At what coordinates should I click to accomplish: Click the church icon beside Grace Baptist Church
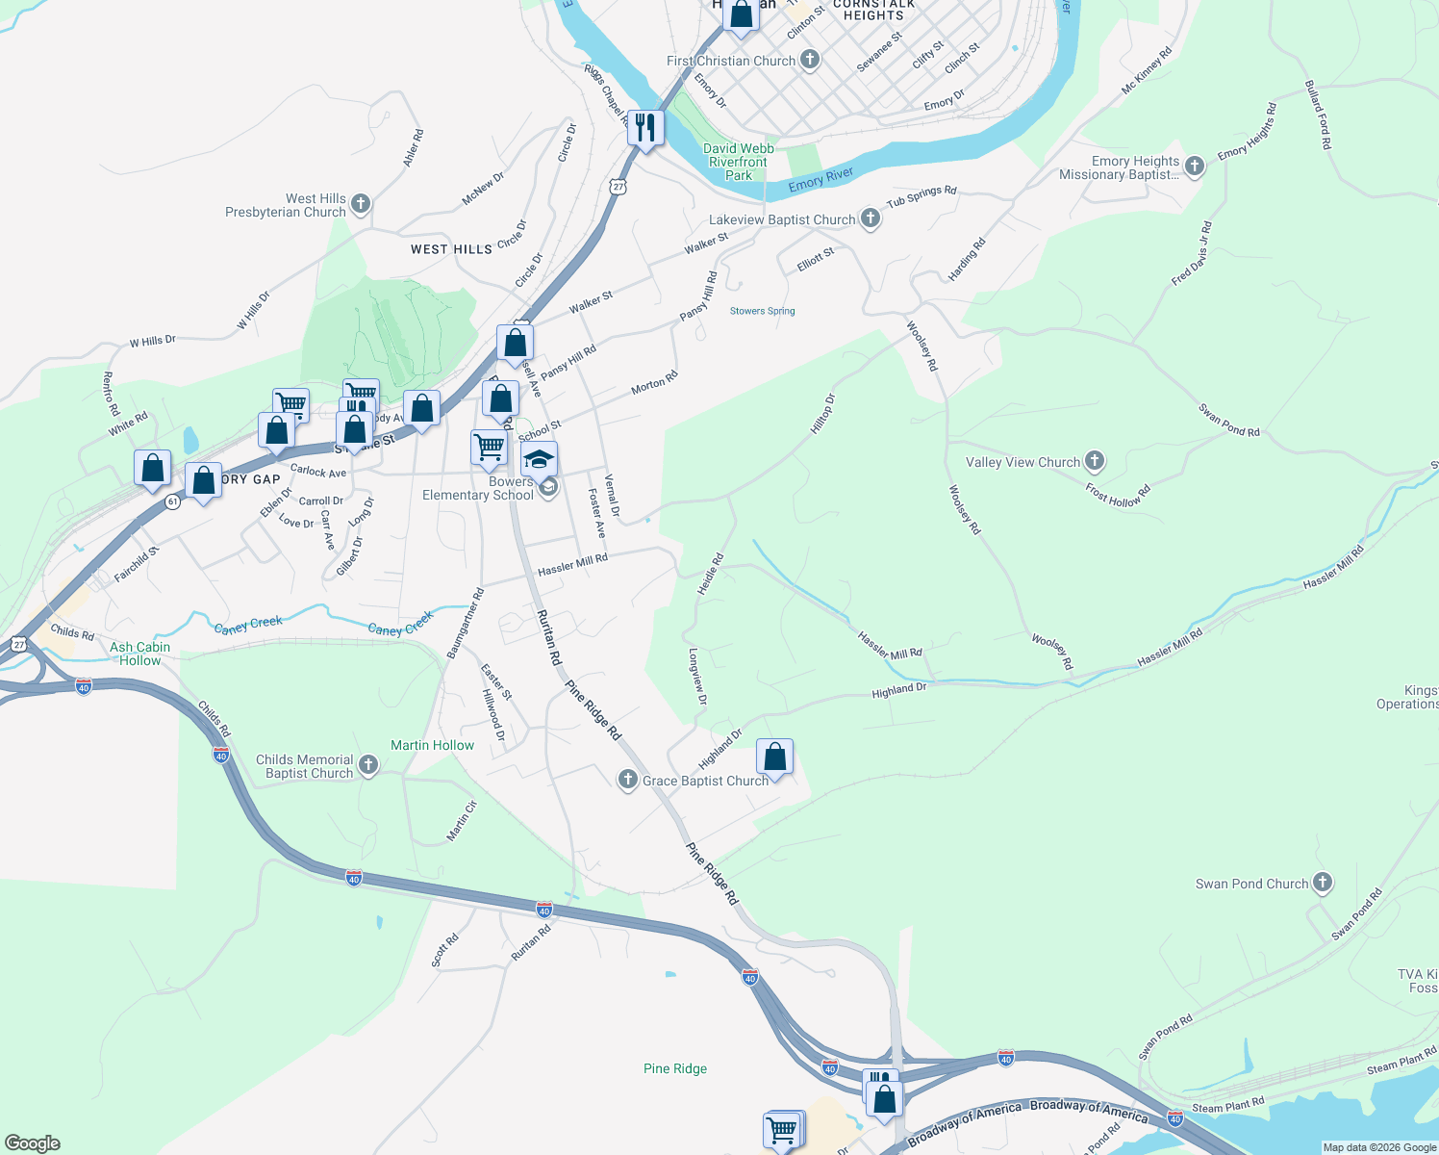[x=628, y=780]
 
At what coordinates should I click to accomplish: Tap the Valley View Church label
[x=1022, y=462]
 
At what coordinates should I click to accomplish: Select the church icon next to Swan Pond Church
[x=1323, y=883]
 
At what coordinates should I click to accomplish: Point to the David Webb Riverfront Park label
[x=739, y=162]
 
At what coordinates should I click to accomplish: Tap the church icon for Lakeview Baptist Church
[x=871, y=218]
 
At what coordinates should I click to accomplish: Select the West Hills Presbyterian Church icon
[x=361, y=204]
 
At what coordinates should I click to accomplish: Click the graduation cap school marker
[x=540, y=459]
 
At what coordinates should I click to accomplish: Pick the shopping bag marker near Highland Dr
[x=774, y=757]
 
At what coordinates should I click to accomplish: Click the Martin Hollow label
[x=432, y=745]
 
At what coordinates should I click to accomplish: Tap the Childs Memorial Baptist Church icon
[x=368, y=766]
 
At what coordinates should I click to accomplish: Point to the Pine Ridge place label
[x=675, y=1068]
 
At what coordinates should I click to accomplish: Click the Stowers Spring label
[x=762, y=311]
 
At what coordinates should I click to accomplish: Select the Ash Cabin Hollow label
[x=140, y=654]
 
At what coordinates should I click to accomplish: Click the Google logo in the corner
[x=33, y=1143]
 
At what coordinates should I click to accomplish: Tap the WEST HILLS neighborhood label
[x=451, y=249]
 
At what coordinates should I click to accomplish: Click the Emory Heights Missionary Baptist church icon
[x=1195, y=167]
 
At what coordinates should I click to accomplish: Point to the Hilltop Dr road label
[x=822, y=413]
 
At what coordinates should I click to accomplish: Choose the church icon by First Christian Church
[x=810, y=60]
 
